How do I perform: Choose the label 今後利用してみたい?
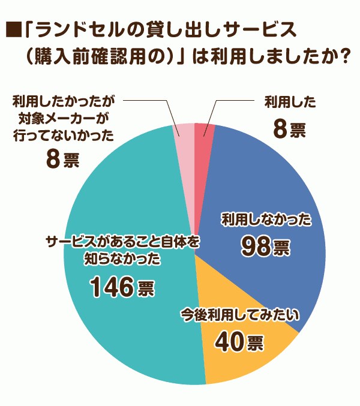239,315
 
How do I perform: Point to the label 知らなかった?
122,259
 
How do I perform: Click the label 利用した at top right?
290,101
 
